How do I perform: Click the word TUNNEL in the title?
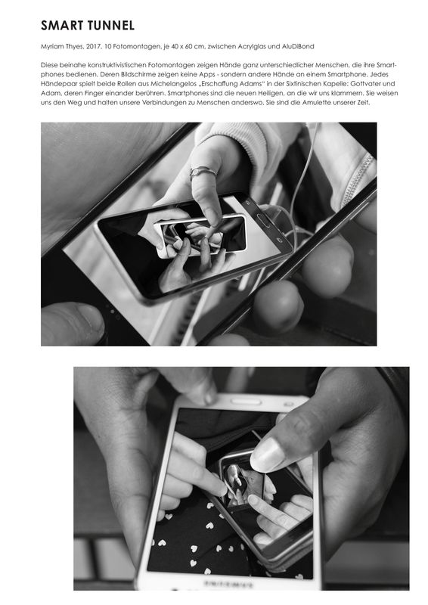click(x=111, y=26)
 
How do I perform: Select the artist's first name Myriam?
click(x=50, y=47)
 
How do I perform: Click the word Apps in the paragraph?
click(x=209, y=74)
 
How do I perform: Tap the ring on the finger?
click(x=202, y=172)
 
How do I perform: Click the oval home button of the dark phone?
click(x=264, y=222)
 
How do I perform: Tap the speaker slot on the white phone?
click(x=247, y=402)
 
